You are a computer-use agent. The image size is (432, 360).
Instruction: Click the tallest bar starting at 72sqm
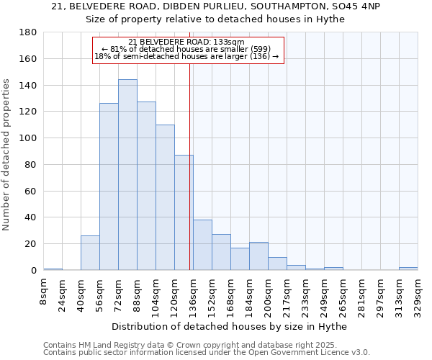pos(127,175)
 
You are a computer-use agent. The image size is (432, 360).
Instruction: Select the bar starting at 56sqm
pos(109,186)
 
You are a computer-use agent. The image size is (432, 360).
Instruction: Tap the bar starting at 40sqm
pos(90,253)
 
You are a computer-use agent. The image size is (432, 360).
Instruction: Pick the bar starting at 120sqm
pos(184,212)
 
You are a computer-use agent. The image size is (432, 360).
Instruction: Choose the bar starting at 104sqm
pos(165,197)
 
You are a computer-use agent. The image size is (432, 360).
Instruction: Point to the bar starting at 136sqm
pos(202,245)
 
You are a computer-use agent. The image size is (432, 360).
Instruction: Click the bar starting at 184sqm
pos(258,256)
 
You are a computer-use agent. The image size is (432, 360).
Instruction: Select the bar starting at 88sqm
pos(146,186)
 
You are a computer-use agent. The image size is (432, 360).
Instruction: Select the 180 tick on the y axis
pos(28,32)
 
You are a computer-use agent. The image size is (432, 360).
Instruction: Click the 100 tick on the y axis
pos(28,138)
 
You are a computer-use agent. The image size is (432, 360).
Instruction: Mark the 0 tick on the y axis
pos(33,271)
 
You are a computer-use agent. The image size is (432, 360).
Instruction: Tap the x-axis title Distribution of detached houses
pos(228,327)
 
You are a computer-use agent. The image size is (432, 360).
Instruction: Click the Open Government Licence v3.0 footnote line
pos(207,353)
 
